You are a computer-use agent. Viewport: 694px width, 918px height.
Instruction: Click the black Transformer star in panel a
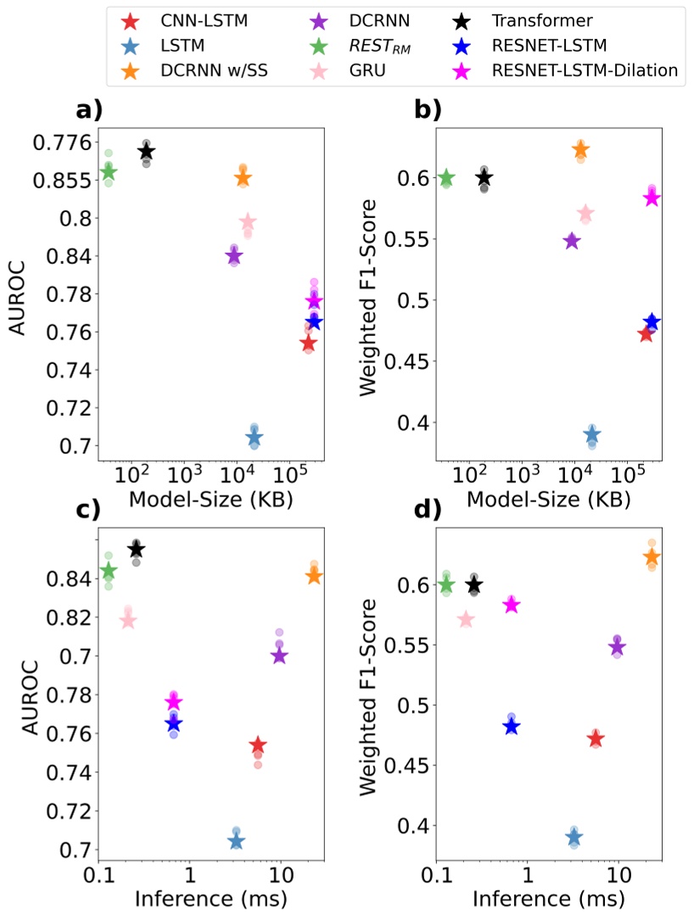[146, 152]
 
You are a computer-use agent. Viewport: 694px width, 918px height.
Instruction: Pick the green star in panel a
[109, 173]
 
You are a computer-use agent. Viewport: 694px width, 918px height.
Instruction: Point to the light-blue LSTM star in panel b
[592, 435]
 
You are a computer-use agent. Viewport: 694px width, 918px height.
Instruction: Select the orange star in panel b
[580, 150]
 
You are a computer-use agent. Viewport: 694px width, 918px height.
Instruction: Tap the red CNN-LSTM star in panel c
[258, 746]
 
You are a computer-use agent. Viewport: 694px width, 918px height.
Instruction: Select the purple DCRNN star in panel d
[617, 648]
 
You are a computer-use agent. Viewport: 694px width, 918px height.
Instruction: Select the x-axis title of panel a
[210, 498]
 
